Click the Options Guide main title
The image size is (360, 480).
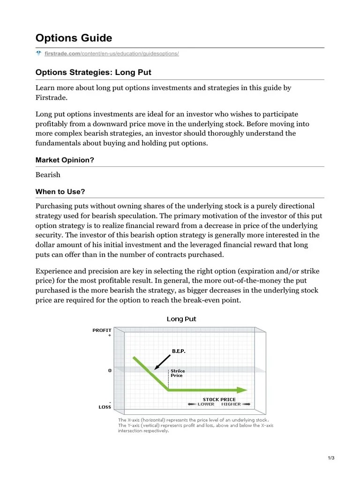[74, 38]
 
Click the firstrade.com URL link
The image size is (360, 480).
[112, 54]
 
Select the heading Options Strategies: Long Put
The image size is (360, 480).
[93, 73]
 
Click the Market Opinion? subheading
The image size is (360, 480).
[65, 160]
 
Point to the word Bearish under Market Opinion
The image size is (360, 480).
[48, 174]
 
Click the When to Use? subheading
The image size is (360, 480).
[60, 192]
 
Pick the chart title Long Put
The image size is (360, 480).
[181, 319]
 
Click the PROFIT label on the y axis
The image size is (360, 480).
[102, 330]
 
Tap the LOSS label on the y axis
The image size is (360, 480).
[105, 406]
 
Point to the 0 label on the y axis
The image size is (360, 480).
[110, 370]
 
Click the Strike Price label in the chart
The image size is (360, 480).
[177, 373]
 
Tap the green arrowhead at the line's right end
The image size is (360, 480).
[242, 390]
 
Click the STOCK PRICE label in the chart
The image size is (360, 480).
[219, 399]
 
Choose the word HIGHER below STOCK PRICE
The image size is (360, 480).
[231, 404]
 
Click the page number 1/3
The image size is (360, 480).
[331, 458]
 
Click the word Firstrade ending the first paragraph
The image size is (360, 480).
[52, 97]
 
